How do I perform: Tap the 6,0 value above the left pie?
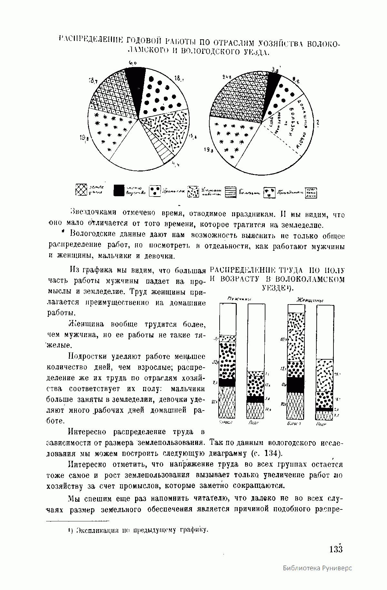133,63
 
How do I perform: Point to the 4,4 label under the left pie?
175,165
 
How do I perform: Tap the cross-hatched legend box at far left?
81,190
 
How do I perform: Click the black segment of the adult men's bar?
227,382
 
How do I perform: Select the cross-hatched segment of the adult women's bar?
296,406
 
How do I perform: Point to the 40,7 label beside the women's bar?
283,339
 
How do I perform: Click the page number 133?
335,549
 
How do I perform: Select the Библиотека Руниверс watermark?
317,577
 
